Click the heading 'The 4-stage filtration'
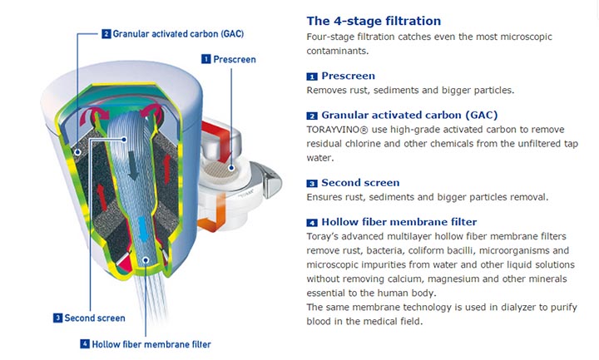[x=374, y=21]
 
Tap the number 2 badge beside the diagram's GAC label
[x=106, y=34]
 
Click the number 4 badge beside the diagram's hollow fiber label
[x=85, y=344]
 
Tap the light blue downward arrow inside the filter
[x=142, y=229]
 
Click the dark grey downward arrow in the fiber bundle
[x=133, y=165]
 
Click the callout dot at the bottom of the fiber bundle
[x=146, y=260]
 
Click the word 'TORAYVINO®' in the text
[x=337, y=130]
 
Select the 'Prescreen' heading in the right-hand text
[x=348, y=76]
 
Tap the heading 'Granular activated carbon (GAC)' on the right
[x=409, y=115]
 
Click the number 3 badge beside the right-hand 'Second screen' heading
[x=312, y=184]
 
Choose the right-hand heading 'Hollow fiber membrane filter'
[x=399, y=222]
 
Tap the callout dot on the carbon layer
[x=77, y=152]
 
